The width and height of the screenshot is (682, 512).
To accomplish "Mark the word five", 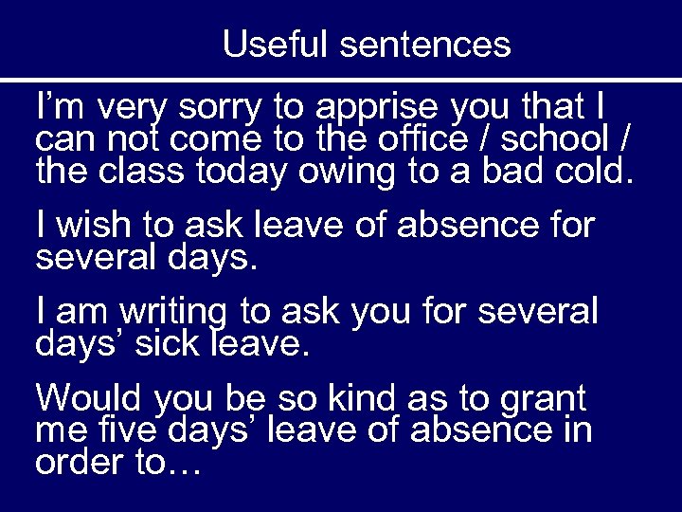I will (124, 430).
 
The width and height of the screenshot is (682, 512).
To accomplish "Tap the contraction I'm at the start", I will (55, 104).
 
